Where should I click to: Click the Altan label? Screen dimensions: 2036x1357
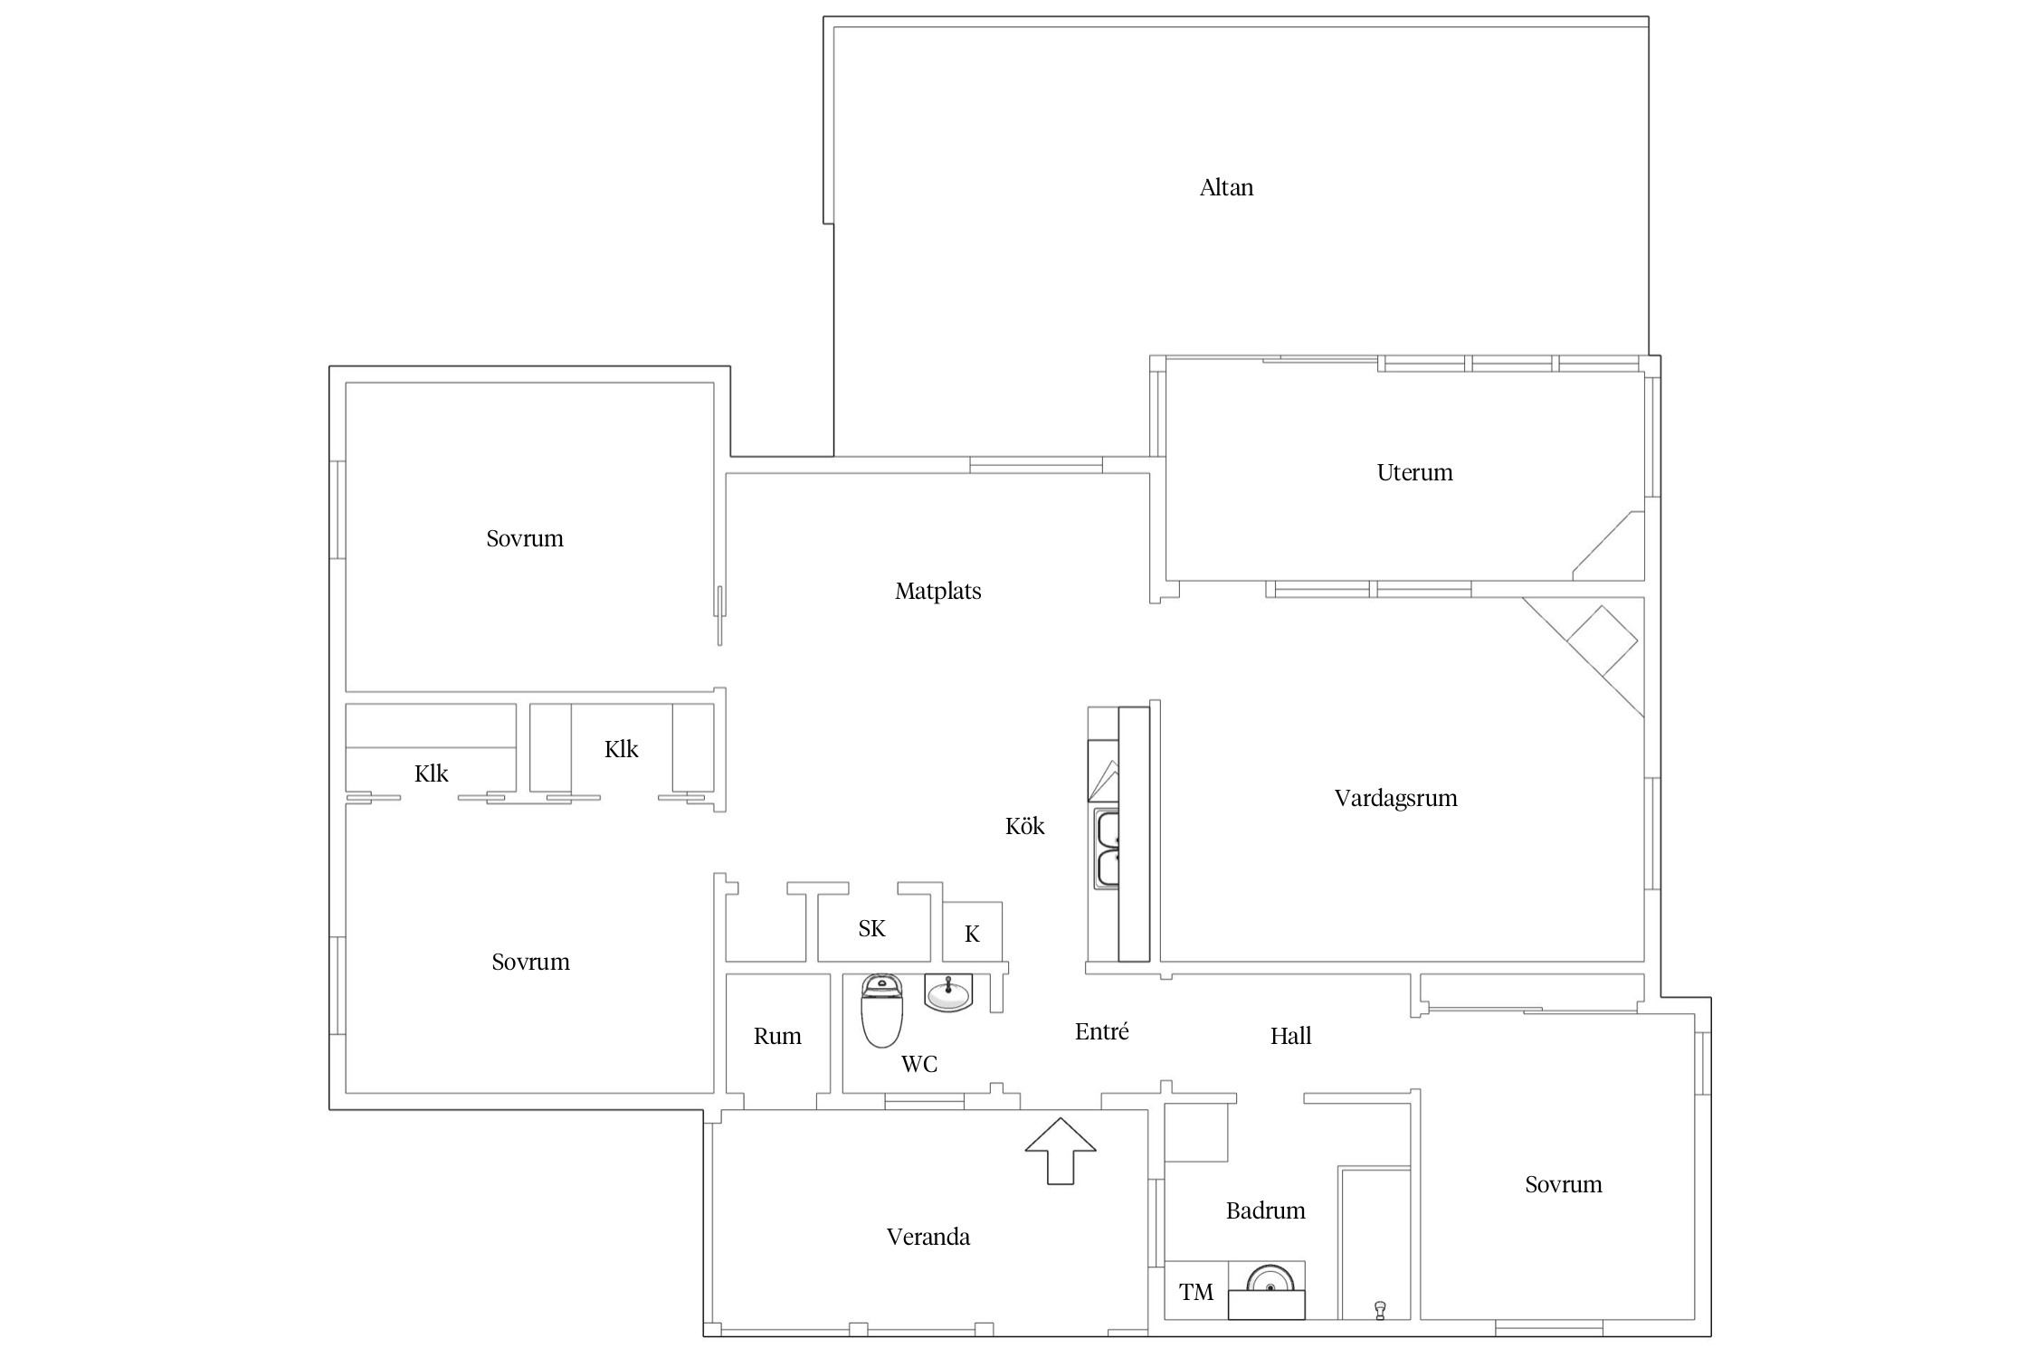(1226, 187)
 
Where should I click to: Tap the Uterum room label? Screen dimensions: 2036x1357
(1414, 472)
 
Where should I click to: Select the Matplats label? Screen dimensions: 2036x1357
(938, 591)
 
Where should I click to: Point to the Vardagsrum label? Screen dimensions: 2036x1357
(1395, 798)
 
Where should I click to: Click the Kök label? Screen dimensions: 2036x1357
(1024, 825)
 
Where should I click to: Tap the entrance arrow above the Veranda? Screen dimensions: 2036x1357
(1060, 1150)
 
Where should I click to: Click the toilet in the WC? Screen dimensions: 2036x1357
(881, 1010)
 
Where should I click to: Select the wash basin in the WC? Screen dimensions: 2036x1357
(948, 992)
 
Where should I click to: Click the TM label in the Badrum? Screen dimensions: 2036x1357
(1196, 1292)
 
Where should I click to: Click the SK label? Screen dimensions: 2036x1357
(871, 928)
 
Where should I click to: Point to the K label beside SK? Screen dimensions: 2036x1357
(972, 934)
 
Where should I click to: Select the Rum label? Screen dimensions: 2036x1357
(777, 1036)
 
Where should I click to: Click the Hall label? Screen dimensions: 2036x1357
(1290, 1036)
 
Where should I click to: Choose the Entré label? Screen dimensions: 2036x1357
(1101, 1031)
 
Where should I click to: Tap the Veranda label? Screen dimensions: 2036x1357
(928, 1237)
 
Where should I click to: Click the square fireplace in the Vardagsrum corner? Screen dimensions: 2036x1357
(1602, 641)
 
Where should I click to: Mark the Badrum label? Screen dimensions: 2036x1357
(1265, 1210)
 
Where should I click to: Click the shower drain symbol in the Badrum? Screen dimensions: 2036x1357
(1380, 1309)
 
